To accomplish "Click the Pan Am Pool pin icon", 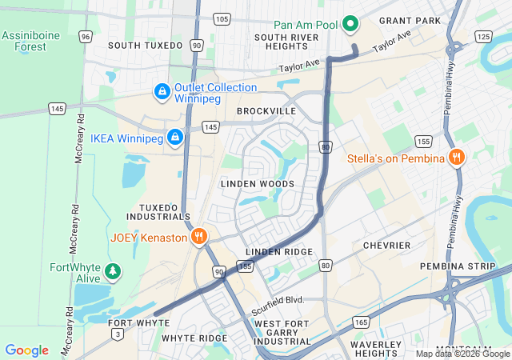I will (350, 25).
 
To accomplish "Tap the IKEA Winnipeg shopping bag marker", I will (175, 138).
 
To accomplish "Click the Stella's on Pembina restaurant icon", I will (456, 158).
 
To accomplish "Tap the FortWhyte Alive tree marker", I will (113, 273).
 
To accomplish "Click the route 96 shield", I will (86, 37).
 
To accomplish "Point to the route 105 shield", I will (222, 18).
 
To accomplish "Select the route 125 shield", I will (482, 37).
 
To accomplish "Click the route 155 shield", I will (423, 142).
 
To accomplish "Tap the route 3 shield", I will (118, 333).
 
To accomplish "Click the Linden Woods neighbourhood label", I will (257, 184).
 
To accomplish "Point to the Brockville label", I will (266, 111).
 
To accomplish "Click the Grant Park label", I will (410, 19).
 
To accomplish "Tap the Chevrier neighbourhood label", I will (386, 245).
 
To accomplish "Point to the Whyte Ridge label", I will (194, 338).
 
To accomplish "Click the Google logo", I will (27, 350).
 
